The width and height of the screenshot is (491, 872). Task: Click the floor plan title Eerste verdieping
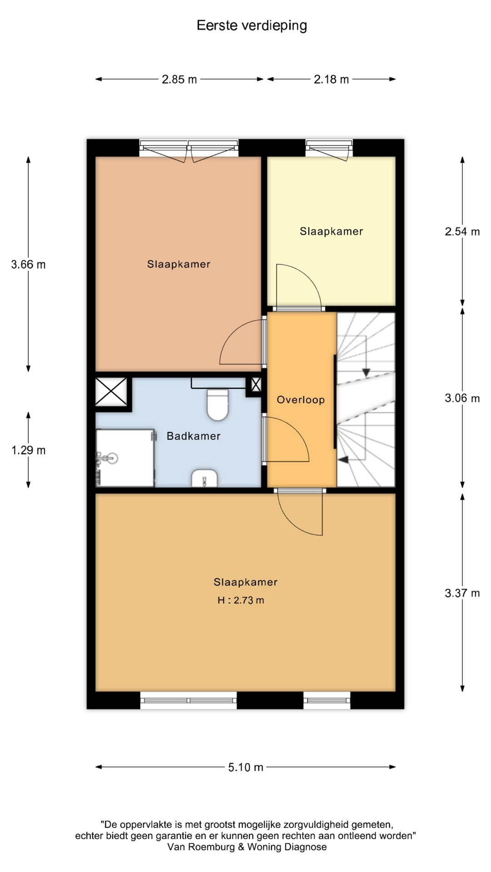(x=251, y=26)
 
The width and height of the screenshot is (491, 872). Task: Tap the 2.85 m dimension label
(x=179, y=79)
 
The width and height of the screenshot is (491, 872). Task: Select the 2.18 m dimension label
(x=331, y=79)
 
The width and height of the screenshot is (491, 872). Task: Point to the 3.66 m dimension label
(x=28, y=264)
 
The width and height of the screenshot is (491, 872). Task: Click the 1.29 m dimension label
(x=28, y=450)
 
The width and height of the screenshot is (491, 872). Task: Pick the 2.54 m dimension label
(x=462, y=232)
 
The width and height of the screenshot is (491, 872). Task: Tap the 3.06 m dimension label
(x=462, y=398)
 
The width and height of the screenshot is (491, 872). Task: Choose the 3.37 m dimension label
(x=462, y=593)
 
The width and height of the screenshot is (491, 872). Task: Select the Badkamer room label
(x=194, y=436)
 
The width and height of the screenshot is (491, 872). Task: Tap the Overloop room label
(x=301, y=400)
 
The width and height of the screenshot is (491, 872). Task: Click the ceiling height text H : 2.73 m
(x=240, y=600)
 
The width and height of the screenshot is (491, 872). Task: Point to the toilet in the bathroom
(x=218, y=404)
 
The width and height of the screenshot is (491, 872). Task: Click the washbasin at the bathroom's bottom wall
(x=205, y=478)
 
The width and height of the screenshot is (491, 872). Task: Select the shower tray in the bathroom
(x=125, y=458)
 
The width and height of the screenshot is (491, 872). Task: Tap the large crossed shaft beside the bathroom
(x=111, y=391)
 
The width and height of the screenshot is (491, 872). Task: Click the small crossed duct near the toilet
(x=256, y=385)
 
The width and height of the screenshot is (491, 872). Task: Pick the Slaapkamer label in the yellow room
(x=331, y=231)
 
